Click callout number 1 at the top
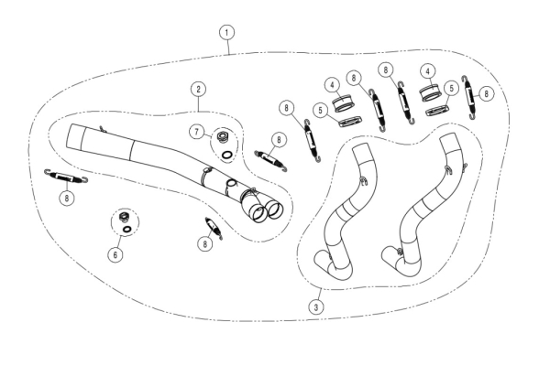point(227,33)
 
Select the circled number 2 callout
point(199,89)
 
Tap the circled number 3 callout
point(316,307)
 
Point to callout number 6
point(115,254)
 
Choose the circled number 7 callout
point(196,132)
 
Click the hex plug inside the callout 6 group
point(124,217)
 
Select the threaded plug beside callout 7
point(222,137)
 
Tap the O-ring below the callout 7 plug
point(227,155)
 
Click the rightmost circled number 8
point(486,93)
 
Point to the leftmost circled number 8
point(67,199)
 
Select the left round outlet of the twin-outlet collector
point(258,213)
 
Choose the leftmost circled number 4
point(332,85)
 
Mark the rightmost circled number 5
point(451,88)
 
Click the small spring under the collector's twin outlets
point(214,228)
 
